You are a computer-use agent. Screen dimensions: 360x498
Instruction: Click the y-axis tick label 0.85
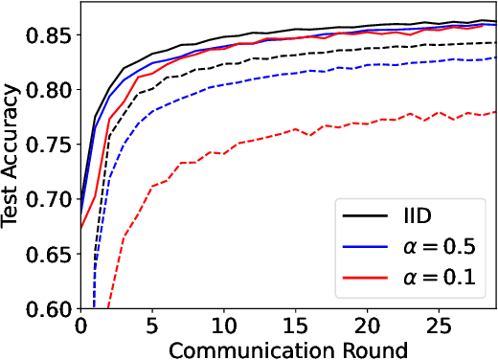pos(49,35)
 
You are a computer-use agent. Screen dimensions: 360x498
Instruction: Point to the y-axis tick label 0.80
pos(49,90)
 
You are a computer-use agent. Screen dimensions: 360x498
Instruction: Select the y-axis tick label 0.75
pos(49,145)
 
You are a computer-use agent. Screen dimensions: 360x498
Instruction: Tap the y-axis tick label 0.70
pos(49,199)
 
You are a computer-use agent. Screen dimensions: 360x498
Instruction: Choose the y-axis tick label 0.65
pos(49,254)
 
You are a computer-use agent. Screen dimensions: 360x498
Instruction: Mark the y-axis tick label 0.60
pos(49,308)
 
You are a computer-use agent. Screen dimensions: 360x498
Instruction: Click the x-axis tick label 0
pos(80,326)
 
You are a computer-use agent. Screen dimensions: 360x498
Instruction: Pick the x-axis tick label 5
pos(152,326)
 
